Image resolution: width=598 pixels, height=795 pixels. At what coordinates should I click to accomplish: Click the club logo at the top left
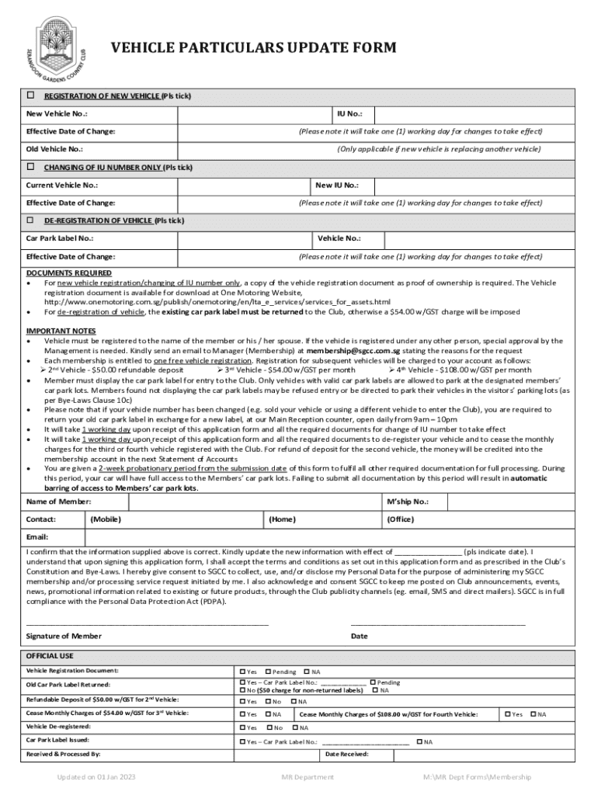63,48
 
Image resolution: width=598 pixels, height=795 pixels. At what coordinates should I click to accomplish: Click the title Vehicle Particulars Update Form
254,48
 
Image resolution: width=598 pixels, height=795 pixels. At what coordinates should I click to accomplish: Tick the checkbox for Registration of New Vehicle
31,95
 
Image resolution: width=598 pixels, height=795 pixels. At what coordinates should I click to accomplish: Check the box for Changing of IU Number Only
31,167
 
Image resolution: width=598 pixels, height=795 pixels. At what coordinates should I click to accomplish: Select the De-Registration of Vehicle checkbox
31,220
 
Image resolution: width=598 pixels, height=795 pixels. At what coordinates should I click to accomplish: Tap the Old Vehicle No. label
54,149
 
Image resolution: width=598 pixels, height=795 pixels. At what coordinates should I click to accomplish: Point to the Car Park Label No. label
60,238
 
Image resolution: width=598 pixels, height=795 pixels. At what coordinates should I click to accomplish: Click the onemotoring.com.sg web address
217,301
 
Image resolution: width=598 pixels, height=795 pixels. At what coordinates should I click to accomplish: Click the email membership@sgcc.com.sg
353,351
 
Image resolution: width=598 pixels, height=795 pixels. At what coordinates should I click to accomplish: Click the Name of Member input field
233,502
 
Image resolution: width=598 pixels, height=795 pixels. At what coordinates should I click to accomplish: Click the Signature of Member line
148,623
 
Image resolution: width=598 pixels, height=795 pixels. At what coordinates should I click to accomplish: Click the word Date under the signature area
359,636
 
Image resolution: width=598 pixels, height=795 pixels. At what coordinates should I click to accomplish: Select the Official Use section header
50,655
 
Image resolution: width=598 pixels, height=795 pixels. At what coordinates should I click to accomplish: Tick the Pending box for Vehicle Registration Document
269,671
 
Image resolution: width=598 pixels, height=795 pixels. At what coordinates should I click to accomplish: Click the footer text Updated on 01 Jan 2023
96,776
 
